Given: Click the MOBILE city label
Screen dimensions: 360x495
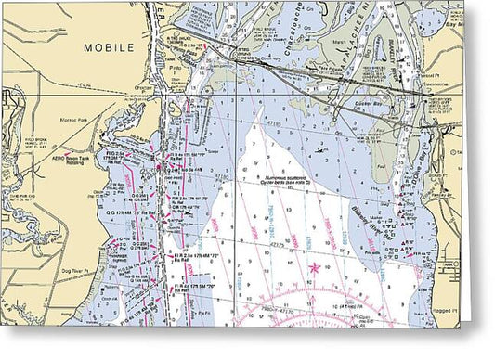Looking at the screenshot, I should click(109, 46).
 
